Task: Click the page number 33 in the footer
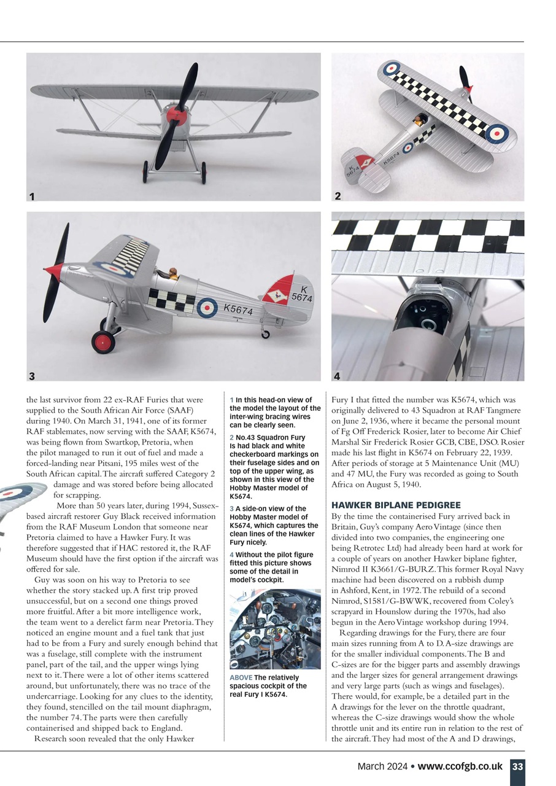517,766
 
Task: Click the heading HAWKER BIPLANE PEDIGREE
395,505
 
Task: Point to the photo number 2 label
338,196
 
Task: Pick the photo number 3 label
32,375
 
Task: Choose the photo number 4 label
337,375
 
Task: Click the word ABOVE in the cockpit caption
241,677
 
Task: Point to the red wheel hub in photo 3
103,342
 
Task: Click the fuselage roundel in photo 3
207,306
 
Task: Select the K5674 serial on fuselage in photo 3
238,311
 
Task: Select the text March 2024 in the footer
385,766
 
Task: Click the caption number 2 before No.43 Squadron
231,438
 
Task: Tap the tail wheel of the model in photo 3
265,335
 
